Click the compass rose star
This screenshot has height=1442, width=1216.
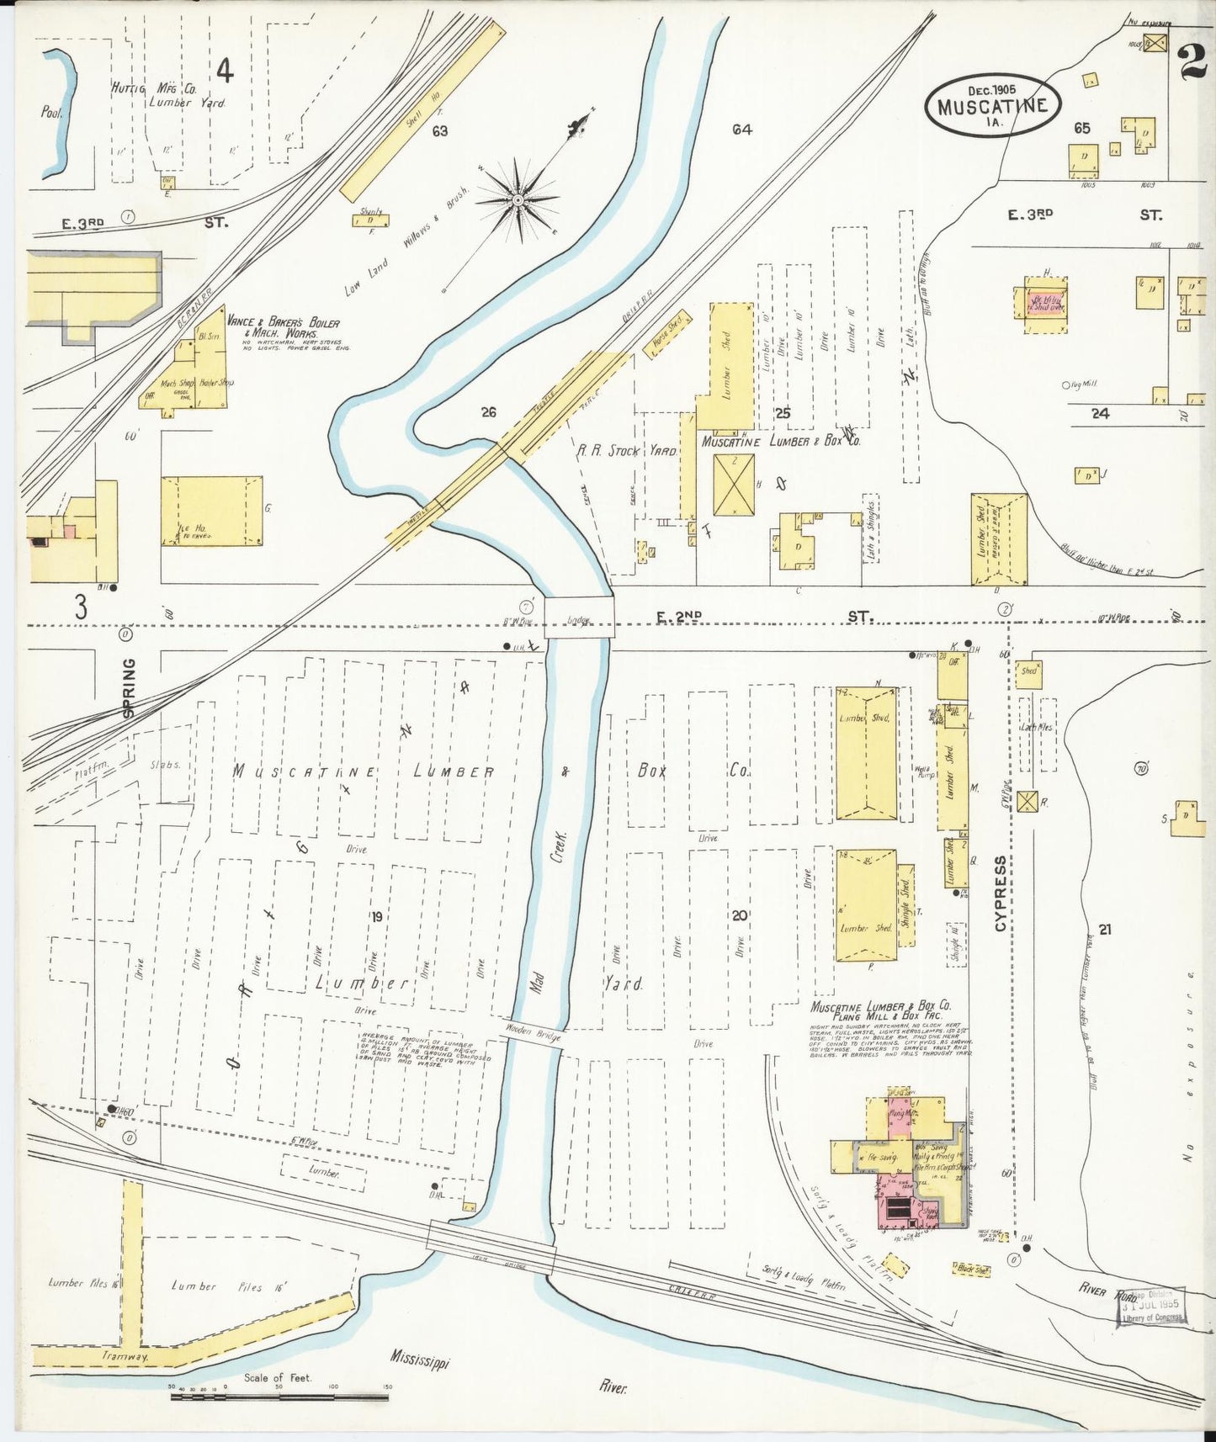tap(518, 199)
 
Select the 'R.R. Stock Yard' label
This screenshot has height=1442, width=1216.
tap(626, 451)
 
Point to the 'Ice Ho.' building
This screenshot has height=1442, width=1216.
tap(211, 511)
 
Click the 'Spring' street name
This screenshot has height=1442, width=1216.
tap(129, 687)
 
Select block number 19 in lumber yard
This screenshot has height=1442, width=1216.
tap(376, 915)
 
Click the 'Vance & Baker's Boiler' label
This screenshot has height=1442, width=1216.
tap(283, 323)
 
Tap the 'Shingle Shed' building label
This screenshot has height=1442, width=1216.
tap(905, 904)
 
